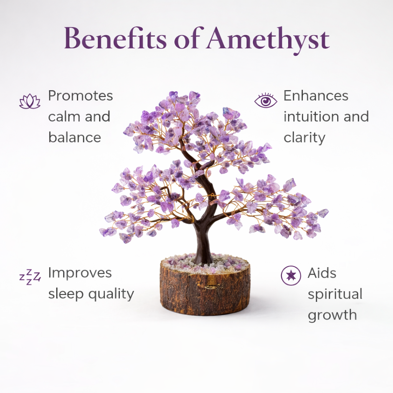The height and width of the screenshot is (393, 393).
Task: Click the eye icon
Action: point(266,101)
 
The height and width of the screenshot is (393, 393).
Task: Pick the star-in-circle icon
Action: point(291,276)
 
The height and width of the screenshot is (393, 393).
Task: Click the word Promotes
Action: point(81,96)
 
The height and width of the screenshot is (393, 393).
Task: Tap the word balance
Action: point(74,137)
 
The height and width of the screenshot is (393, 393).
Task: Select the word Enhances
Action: point(316,96)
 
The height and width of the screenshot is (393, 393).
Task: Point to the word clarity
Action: point(304,138)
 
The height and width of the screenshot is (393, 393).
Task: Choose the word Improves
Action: point(80,274)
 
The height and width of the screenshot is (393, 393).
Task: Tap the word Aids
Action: point(322,273)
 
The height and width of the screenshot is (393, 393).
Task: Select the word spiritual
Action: point(335,295)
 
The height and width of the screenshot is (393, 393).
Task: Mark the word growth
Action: point(332,315)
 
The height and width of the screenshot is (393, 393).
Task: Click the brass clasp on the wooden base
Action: point(211,286)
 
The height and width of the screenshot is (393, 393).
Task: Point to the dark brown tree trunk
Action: point(202,242)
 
